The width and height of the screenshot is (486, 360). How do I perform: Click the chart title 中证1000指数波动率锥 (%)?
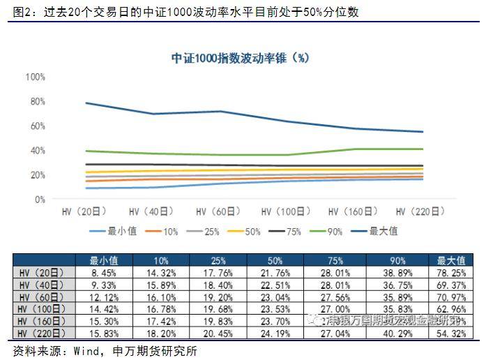click(240, 58)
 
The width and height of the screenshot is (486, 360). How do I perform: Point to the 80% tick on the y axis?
click(36, 101)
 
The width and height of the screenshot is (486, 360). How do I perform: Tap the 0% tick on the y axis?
click(38, 200)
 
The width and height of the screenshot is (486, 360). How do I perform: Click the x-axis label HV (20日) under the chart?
click(87, 211)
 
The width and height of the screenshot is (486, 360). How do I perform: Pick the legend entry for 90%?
click(328, 231)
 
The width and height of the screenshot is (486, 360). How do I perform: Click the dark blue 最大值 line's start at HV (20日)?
click(87, 103)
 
